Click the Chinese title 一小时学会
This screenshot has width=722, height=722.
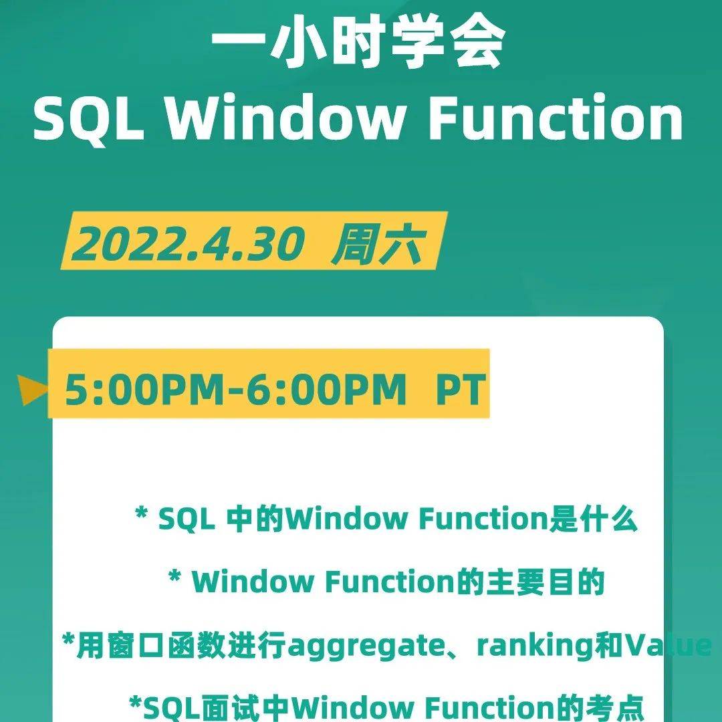(358, 45)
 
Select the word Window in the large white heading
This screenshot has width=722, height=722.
(284, 117)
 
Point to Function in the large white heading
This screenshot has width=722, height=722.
(556, 117)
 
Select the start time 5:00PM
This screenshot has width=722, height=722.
(144, 390)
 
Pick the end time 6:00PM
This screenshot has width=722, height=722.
(326, 390)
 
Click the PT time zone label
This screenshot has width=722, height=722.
(461, 390)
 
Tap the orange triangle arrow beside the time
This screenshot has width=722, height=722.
(32, 390)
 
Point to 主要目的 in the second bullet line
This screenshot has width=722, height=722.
(530, 582)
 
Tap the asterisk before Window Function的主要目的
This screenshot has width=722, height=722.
(174, 576)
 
